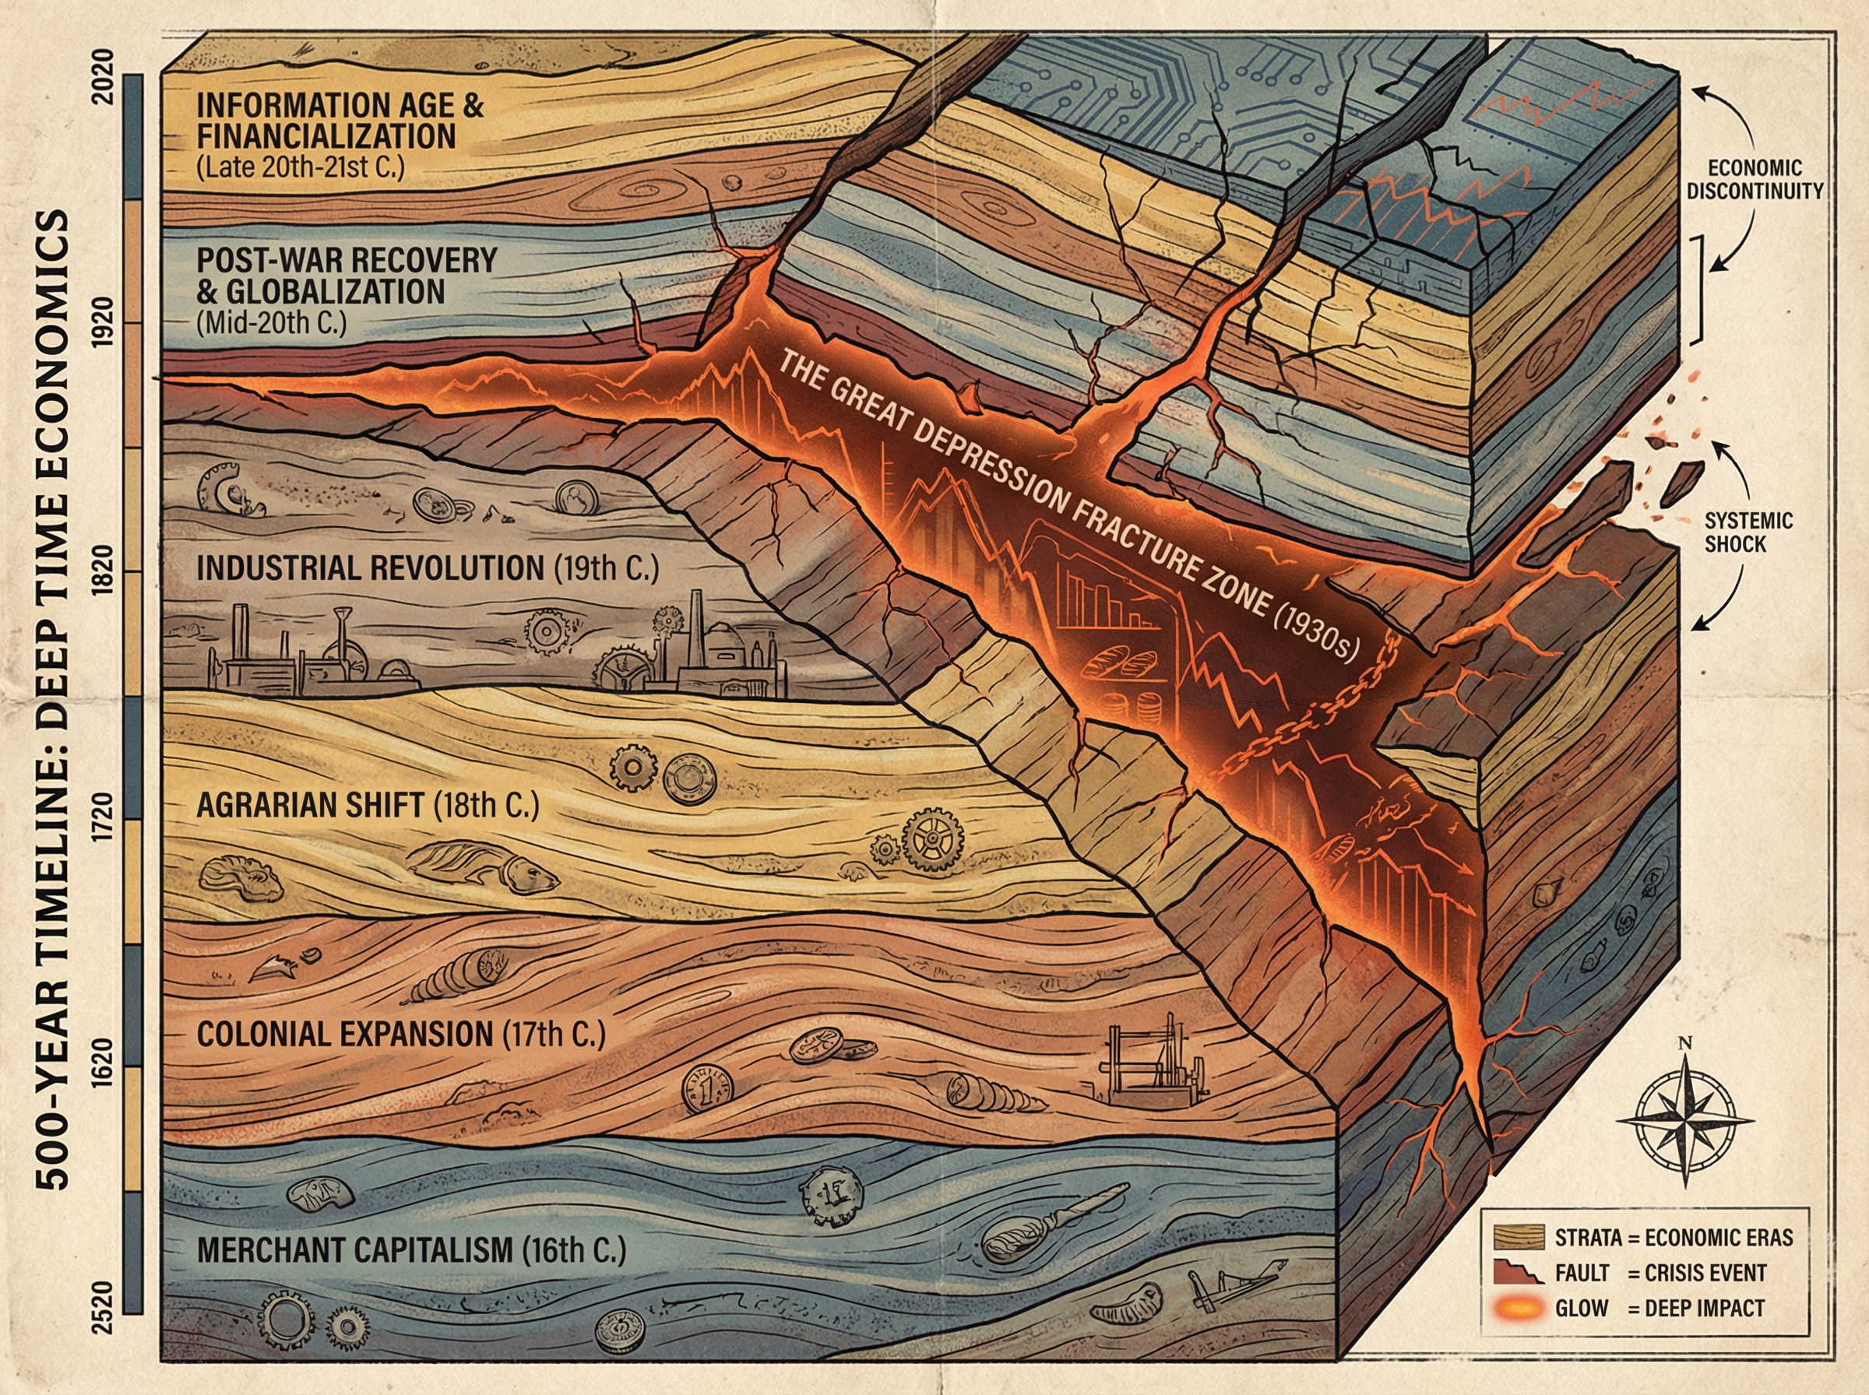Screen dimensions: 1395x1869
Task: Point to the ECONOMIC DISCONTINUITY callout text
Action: pos(1755,179)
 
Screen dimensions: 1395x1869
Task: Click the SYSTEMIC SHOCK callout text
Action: pos(1748,532)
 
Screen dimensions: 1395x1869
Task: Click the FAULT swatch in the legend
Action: pos(1519,1273)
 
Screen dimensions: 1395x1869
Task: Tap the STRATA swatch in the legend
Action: pos(1519,1237)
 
